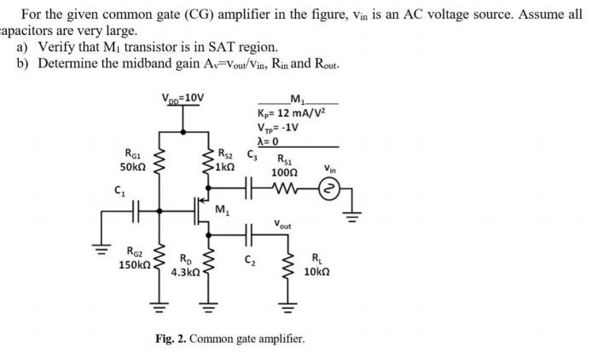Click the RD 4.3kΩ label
pyautogui.click(x=184, y=266)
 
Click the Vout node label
pyautogui.click(x=283, y=225)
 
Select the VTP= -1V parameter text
pyautogui.click(x=282, y=129)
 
